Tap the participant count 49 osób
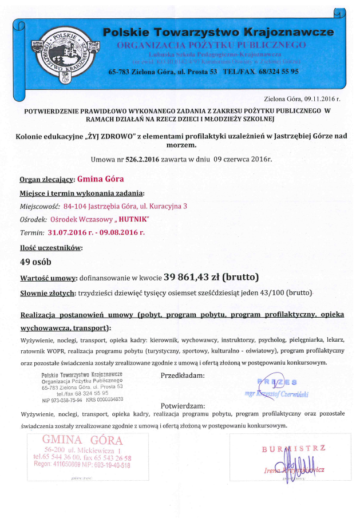pyautogui.click(x=35, y=262)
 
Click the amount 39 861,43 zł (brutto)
pyautogui.click(x=211, y=278)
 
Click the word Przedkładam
pyautogui.click(x=183, y=375)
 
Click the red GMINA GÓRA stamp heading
pyautogui.click(x=82, y=440)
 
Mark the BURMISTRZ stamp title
pyautogui.click(x=294, y=448)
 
